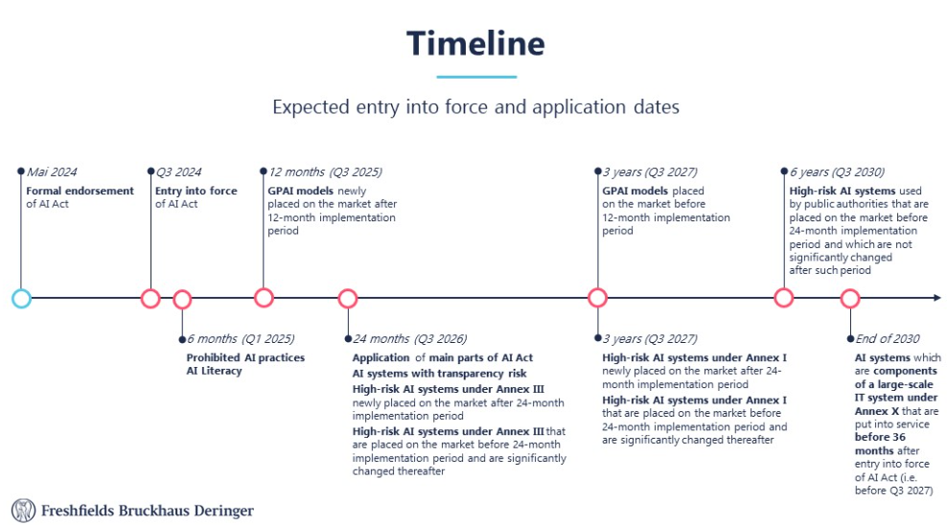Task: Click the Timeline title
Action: [x=475, y=44]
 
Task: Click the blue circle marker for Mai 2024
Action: [x=21, y=290]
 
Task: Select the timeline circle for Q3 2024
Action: [x=150, y=290]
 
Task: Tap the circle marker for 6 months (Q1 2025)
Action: [x=182, y=291]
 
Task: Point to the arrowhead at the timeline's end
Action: [x=937, y=298]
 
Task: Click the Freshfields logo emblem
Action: [x=24, y=511]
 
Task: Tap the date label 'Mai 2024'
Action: [x=52, y=172]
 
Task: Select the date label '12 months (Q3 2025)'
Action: [x=326, y=172]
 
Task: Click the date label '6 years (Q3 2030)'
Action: [x=837, y=172]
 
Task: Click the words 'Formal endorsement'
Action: [x=80, y=191]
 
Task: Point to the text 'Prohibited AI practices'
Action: [x=245, y=357]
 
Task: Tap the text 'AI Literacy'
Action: [x=214, y=371]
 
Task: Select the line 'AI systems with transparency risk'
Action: [x=439, y=374]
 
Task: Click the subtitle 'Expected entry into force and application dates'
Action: [x=476, y=106]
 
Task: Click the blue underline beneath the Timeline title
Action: [x=476, y=77]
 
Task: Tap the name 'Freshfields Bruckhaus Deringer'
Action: [x=148, y=511]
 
